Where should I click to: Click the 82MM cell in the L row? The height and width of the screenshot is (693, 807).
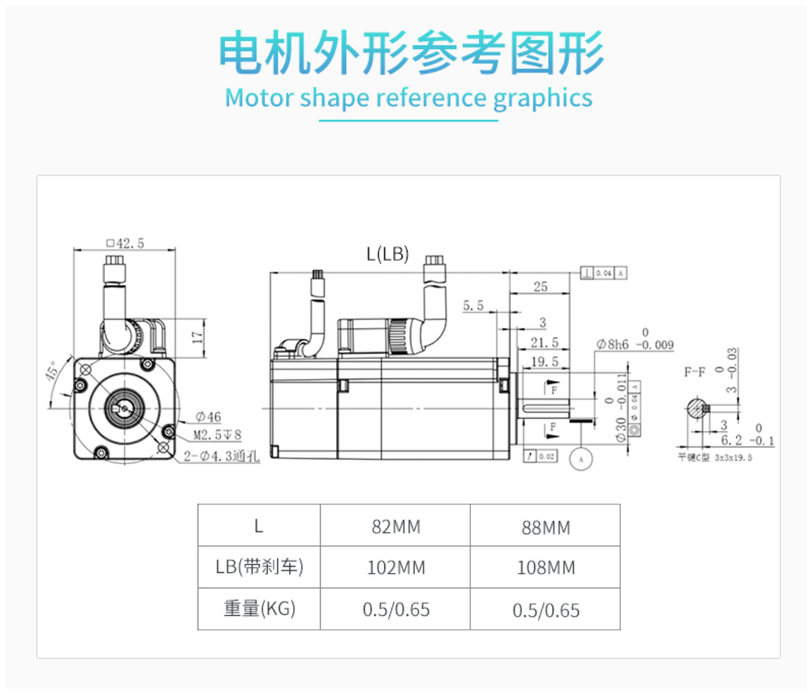pyautogui.click(x=396, y=527)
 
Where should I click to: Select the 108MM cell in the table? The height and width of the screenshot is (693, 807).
pyautogui.click(x=546, y=567)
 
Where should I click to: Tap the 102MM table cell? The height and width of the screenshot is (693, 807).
pyautogui.click(x=396, y=567)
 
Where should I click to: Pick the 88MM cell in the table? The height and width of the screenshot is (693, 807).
pyautogui.click(x=546, y=527)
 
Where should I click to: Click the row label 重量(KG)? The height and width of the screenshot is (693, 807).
pyautogui.click(x=259, y=609)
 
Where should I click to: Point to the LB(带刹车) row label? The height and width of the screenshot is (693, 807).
pyautogui.click(x=259, y=567)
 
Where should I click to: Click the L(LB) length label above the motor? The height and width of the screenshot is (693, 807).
pyautogui.click(x=388, y=254)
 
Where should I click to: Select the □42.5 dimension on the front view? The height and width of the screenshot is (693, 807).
pyautogui.click(x=126, y=243)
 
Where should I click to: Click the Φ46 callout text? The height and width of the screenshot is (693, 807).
pyautogui.click(x=208, y=417)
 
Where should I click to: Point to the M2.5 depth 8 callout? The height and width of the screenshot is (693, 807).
pyautogui.click(x=217, y=435)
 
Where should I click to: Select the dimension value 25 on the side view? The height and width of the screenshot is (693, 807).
pyautogui.click(x=541, y=287)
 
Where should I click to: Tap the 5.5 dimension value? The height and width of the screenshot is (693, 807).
pyautogui.click(x=473, y=306)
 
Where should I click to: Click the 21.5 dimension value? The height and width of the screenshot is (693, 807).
pyautogui.click(x=544, y=343)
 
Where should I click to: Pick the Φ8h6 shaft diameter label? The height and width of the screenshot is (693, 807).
pyautogui.click(x=613, y=345)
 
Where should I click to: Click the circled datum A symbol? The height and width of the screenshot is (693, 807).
pyautogui.click(x=581, y=459)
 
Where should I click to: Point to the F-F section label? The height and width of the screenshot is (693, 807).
pyautogui.click(x=695, y=371)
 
